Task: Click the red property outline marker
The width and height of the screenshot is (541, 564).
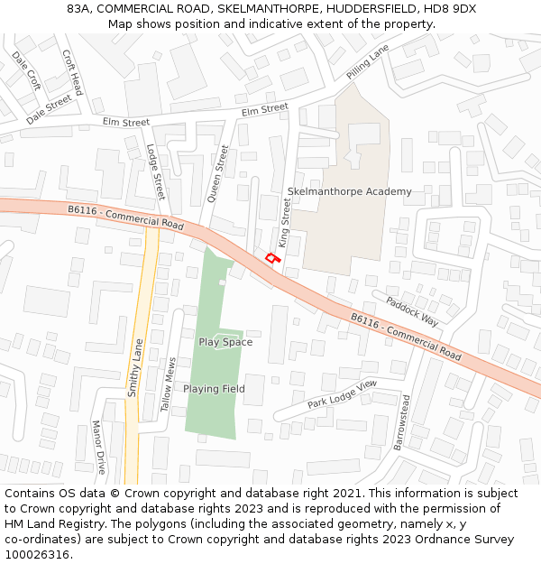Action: (272, 259)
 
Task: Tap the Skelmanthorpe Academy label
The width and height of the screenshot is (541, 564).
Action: (349, 191)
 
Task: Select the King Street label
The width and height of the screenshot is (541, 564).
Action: (286, 225)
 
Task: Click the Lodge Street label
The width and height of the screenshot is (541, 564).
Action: (156, 173)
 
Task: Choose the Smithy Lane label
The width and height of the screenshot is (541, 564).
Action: (135, 367)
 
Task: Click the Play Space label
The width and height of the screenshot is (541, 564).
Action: (225, 342)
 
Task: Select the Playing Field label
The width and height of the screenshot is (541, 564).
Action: (214, 389)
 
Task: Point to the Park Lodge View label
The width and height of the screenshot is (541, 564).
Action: (342, 394)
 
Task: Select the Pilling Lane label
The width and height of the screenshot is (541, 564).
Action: (368, 60)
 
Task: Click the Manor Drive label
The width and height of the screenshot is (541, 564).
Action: (98, 446)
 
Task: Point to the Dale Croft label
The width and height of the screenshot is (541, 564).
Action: (26, 70)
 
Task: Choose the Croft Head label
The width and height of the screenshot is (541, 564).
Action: (72, 72)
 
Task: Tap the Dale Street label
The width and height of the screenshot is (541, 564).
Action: (49, 110)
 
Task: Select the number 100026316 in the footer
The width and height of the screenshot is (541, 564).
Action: (36, 555)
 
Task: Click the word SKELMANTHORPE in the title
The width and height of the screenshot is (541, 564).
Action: (261, 8)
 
